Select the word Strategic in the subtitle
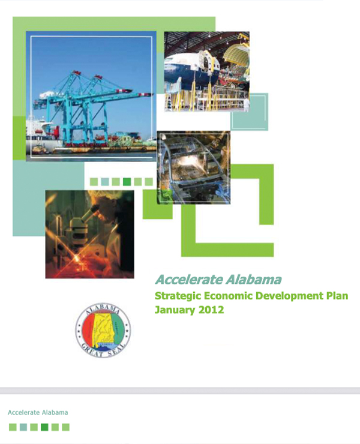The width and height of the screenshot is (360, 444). tap(178, 296)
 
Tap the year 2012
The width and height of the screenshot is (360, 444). tap(211, 310)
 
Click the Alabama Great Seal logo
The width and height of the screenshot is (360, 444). tap(103, 330)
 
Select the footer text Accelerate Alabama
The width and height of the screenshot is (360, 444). tap(38, 412)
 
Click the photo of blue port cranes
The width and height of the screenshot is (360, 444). tap(91, 96)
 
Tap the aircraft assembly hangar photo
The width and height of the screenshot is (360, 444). tap(207, 71)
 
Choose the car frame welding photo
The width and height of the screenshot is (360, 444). tap(193, 167)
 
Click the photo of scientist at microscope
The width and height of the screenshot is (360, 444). tap(90, 234)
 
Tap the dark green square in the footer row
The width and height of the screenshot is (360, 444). tap(44, 427)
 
